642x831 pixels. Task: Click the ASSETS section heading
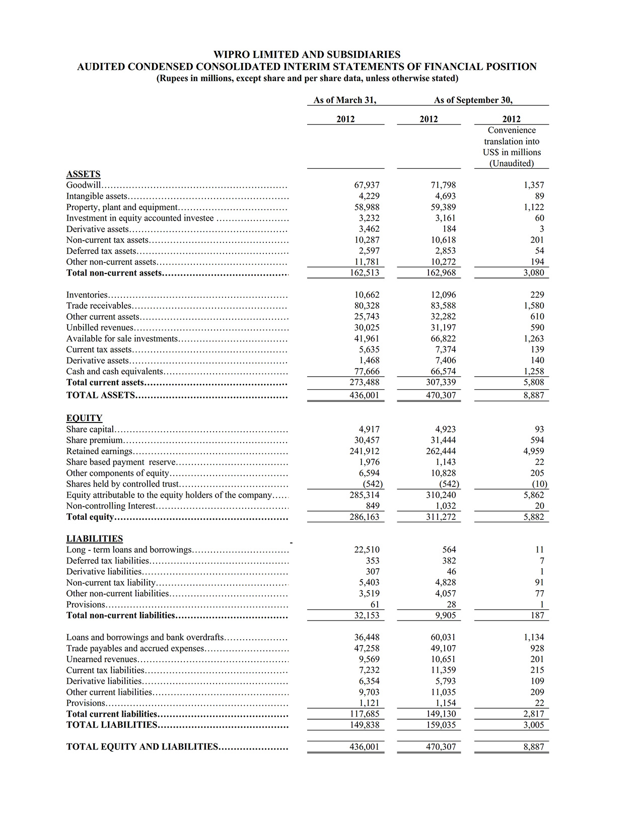click(x=83, y=174)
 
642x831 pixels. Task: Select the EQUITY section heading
click(x=84, y=418)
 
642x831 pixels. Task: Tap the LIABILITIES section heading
click(x=94, y=538)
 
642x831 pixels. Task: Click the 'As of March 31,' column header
click(x=345, y=100)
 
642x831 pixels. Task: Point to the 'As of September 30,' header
click(x=473, y=100)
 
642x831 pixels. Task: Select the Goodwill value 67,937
click(x=367, y=185)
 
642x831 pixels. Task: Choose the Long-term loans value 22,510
click(x=367, y=549)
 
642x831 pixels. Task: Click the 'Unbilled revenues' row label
click(x=100, y=327)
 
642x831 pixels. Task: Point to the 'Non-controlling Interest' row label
click(x=111, y=506)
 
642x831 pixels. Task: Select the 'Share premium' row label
click(x=94, y=440)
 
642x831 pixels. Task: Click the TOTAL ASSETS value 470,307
click(x=441, y=395)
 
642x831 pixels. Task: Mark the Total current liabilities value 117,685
click(x=365, y=714)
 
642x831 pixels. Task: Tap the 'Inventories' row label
click(x=87, y=295)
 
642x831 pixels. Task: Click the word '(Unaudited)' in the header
click(x=511, y=163)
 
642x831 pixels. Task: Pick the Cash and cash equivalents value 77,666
click(x=367, y=371)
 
